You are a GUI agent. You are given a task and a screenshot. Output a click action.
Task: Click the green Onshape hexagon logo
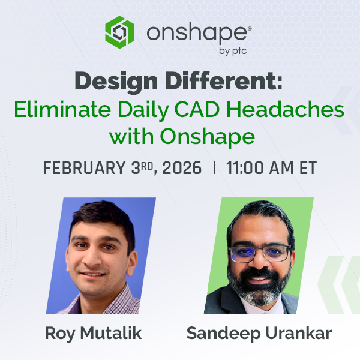tap(119, 32)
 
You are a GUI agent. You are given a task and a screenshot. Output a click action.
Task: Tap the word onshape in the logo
tap(197, 34)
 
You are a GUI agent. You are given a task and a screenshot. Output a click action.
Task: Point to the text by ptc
tap(233, 51)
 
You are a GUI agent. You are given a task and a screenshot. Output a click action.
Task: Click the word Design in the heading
tap(116, 82)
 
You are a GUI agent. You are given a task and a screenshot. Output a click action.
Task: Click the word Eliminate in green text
tap(62, 109)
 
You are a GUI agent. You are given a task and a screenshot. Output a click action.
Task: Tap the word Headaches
tap(286, 109)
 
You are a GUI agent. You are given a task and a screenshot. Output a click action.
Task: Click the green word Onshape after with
tap(208, 137)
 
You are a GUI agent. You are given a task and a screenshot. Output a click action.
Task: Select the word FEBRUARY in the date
tap(85, 168)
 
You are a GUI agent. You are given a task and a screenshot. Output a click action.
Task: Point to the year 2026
tap(182, 168)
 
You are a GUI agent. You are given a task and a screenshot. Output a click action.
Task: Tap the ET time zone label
tap(308, 168)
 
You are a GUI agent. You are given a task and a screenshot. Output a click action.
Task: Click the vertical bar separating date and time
tap(215, 168)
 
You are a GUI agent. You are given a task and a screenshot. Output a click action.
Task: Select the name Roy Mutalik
tap(93, 334)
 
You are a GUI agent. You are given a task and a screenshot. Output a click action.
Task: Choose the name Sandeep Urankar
tap(259, 334)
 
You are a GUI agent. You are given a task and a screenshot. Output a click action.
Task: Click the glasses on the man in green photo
tap(260, 253)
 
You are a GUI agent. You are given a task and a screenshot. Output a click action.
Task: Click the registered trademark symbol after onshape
tap(250, 28)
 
